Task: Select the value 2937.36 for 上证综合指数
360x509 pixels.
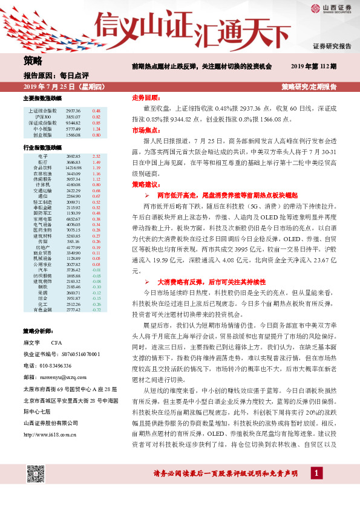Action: pyautogui.click(x=73, y=111)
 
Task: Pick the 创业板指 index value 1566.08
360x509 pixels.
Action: pyautogui.click(x=73, y=135)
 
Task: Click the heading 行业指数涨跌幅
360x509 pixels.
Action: pyautogui.click(x=42, y=148)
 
